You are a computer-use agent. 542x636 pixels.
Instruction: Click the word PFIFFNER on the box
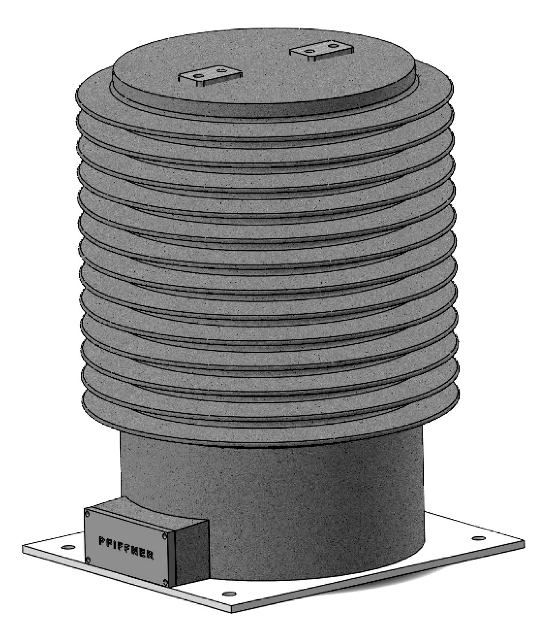125,547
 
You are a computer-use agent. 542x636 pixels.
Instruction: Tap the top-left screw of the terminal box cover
88,514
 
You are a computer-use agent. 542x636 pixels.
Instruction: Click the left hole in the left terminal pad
199,75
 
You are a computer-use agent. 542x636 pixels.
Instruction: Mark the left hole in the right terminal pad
310,50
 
